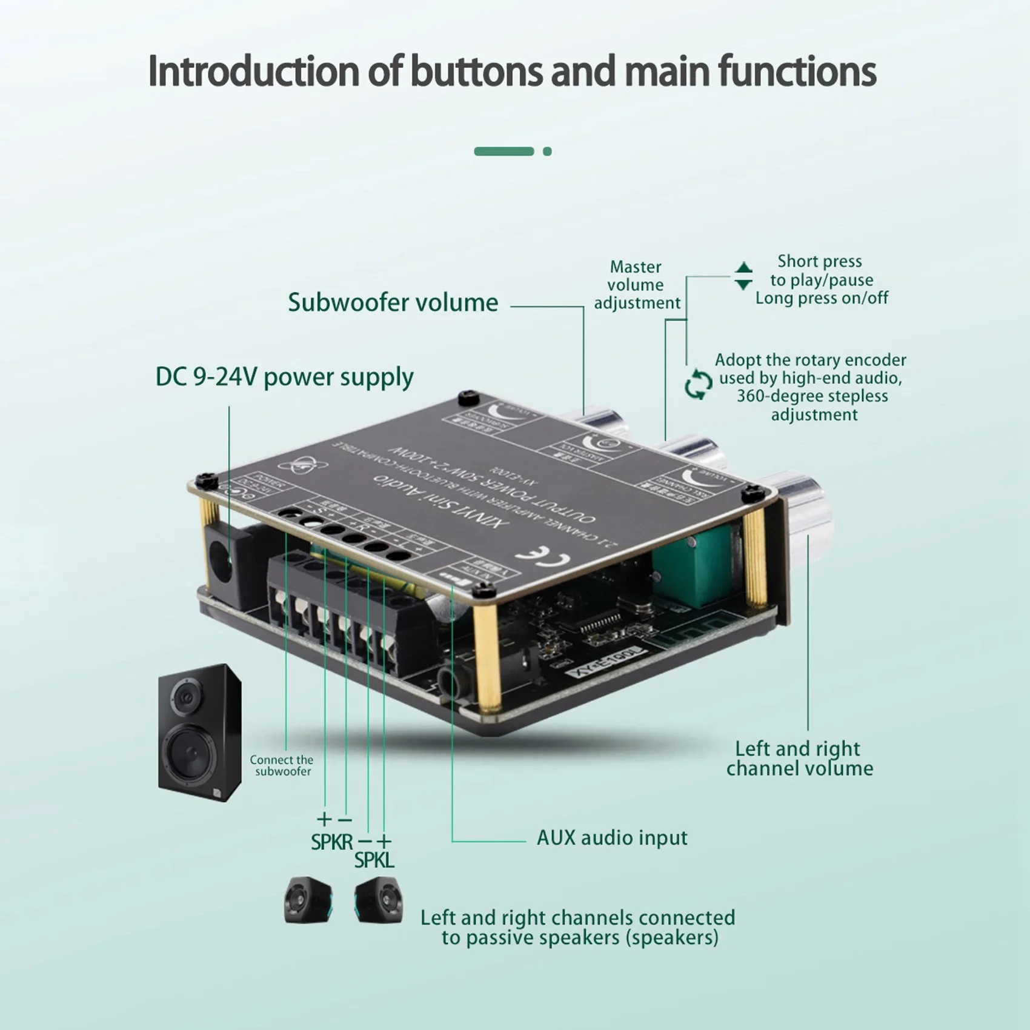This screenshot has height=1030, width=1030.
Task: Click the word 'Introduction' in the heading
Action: pos(253,71)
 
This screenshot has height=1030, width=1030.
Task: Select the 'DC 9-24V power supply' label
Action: pos(284,377)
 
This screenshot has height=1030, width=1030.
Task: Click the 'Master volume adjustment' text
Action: pos(636,285)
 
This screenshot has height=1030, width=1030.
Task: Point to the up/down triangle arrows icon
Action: pos(743,276)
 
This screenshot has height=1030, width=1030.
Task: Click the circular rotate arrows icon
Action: pos(698,385)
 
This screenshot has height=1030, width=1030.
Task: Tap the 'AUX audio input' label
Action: pos(612,838)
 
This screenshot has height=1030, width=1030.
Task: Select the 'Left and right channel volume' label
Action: pos(799,759)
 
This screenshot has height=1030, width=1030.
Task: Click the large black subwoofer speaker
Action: pos(199,733)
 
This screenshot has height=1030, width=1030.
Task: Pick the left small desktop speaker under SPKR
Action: pos(308,900)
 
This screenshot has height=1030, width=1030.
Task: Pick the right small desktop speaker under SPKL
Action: pos(378,900)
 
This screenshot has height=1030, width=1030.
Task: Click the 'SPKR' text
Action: pos(331,842)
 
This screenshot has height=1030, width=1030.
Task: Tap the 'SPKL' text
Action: pos(374,860)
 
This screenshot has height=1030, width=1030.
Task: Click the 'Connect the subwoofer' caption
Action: pos(282,765)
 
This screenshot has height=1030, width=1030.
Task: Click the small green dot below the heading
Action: pos(547,151)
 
